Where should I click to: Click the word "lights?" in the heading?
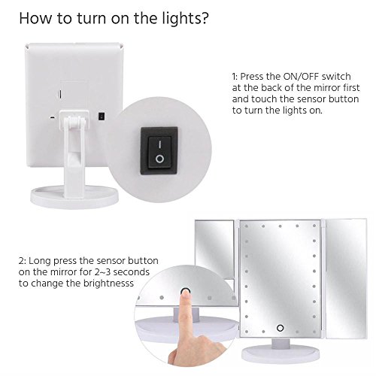click(185, 19)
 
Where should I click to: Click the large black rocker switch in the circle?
click(159, 151)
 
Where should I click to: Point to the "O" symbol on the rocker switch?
click(159, 159)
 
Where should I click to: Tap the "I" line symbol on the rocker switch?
click(159, 144)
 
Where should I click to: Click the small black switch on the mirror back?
click(102, 116)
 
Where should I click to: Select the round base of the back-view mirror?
click(74, 197)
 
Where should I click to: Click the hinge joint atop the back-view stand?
click(74, 122)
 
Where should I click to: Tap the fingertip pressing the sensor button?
click(186, 293)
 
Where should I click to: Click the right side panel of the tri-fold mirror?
click(345, 278)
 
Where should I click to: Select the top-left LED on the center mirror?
click(247, 226)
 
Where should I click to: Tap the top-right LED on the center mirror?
click(314, 226)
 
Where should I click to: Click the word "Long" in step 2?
click(40, 261)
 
